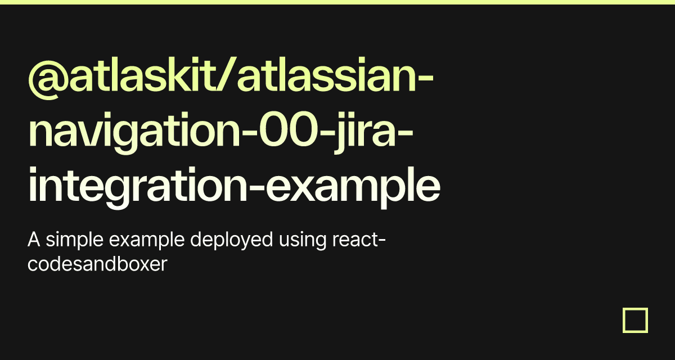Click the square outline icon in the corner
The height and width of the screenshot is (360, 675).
pyautogui.click(x=635, y=320)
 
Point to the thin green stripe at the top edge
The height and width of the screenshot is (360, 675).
pyautogui.click(x=337, y=2)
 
